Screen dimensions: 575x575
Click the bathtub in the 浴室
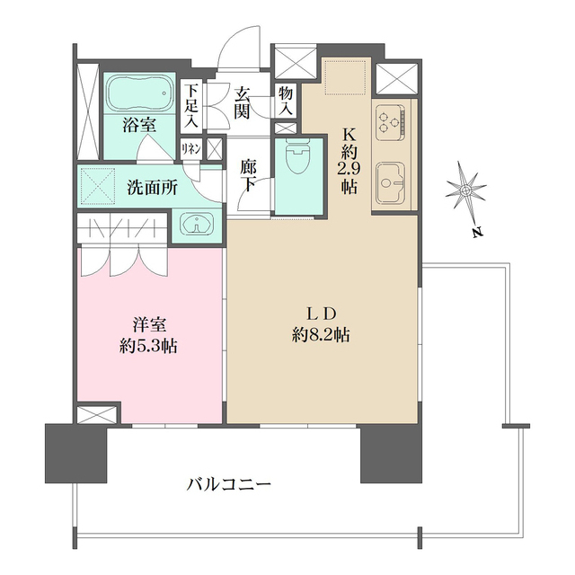[139, 93]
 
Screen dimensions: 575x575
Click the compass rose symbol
[466, 191]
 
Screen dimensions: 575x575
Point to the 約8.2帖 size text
[321, 334]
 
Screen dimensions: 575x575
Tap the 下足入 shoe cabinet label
[191, 105]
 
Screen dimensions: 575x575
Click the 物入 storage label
[286, 100]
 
